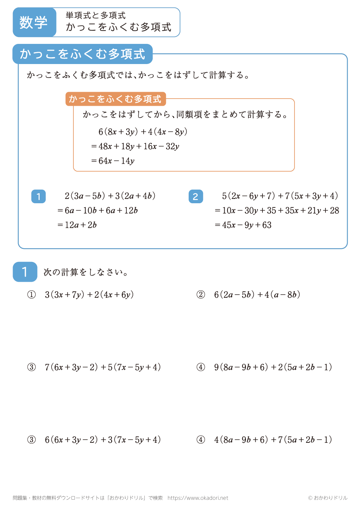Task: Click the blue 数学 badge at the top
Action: [x=34, y=22]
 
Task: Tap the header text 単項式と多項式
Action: [x=95, y=15]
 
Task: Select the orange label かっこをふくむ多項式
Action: [x=115, y=99]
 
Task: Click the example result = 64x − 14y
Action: [x=113, y=161]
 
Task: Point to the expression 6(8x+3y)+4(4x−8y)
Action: [x=143, y=132]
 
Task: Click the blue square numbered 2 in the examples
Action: [x=195, y=196]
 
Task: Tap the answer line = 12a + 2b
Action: [x=77, y=225]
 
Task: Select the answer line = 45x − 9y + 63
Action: [x=243, y=225]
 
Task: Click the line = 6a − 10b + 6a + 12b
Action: [x=98, y=210]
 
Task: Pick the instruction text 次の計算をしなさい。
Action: [x=86, y=272]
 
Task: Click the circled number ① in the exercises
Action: [x=32, y=295]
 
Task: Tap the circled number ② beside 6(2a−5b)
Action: [x=201, y=295]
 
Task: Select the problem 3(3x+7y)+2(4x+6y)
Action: [x=89, y=295]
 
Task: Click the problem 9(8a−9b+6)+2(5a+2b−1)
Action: [x=273, y=367]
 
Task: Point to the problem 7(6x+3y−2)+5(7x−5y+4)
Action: [x=103, y=367]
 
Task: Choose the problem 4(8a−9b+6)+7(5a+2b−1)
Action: [x=273, y=440]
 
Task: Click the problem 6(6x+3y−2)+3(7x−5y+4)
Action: [x=103, y=440]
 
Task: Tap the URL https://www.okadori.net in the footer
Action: [x=198, y=498]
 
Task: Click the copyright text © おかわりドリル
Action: [x=328, y=498]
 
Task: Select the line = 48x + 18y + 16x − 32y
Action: [x=135, y=146]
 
